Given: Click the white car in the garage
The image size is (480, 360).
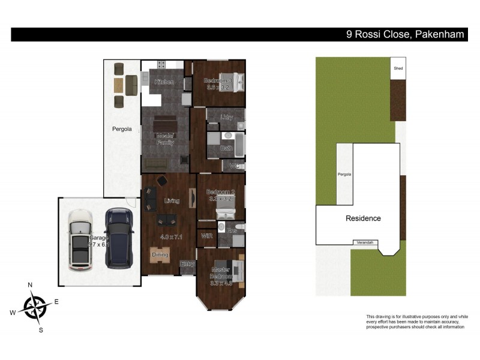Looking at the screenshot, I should click(80, 239).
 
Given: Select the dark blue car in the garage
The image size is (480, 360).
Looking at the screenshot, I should click(119, 238).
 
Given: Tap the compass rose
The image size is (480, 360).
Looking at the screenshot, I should click(35, 307).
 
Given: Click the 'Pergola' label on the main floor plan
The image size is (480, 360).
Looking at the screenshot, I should click(122, 129).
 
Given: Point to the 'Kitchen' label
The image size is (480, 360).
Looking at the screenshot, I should click(164, 82).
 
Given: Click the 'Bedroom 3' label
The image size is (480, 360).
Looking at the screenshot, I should click(217, 81).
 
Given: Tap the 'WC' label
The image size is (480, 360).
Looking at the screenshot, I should click(235, 166).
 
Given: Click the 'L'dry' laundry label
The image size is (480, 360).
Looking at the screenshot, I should click(226, 117).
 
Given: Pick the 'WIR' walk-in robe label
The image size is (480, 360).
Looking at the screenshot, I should click(208, 236).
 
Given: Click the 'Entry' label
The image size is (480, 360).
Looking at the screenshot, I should click(188, 264).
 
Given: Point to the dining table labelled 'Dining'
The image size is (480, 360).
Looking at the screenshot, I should click(160, 257).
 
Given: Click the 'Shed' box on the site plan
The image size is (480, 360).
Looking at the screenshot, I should click(398, 68).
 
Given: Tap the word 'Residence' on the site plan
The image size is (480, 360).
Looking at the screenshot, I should click(363, 218).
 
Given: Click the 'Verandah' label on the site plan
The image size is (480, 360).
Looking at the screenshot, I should click(365, 242).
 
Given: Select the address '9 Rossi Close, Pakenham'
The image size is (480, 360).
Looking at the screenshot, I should click(405, 35).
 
